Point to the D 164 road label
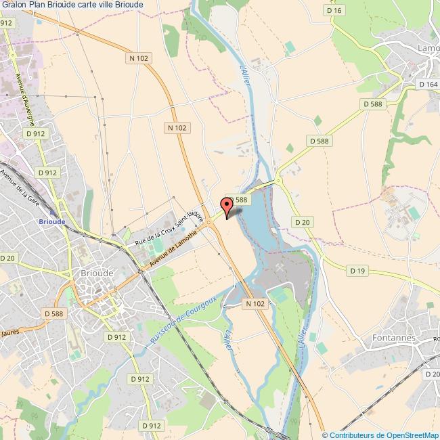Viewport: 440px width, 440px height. [x=428, y=84]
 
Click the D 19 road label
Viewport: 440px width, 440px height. [x=357, y=271]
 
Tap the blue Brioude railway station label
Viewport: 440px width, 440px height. [x=52, y=221]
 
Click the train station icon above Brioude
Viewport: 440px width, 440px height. [x=53, y=211]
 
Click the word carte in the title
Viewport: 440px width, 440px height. [x=73, y=5]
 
